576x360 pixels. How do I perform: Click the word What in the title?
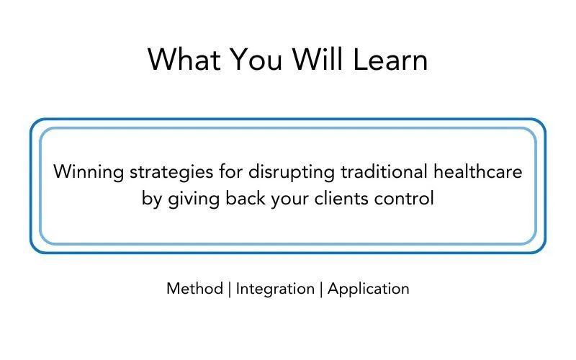click(184, 60)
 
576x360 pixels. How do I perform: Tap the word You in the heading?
click(256, 60)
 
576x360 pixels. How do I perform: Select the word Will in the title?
click(318, 59)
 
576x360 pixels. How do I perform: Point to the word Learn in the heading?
click(390, 60)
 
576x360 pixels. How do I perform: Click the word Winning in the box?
click(89, 172)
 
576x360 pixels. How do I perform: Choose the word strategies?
click(171, 172)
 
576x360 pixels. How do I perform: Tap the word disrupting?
click(292, 172)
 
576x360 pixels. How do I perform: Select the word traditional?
click(384, 171)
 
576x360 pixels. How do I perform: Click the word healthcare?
click(478, 171)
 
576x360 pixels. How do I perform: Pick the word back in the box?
click(246, 199)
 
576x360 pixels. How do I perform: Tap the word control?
click(404, 199)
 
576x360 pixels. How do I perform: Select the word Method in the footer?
click(194, 289)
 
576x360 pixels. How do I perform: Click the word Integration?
click(275, 289)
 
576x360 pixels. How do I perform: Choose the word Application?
click(369, 289)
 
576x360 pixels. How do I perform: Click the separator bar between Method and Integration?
click(230, 289)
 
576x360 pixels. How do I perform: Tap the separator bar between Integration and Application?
click(321, 289)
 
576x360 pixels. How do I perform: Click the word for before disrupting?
click(230, 171)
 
